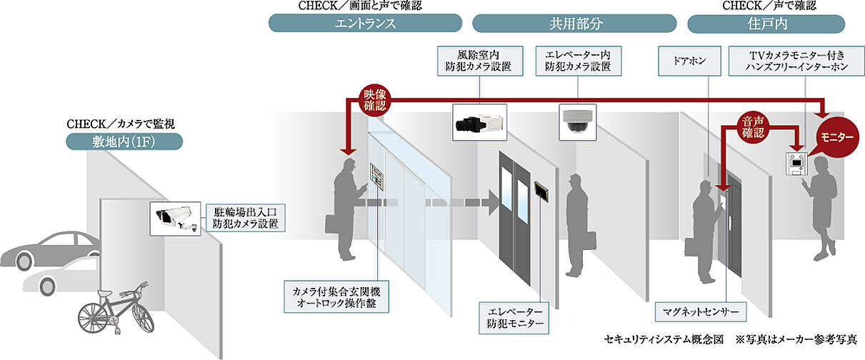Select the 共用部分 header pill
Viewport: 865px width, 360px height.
coord(574,24)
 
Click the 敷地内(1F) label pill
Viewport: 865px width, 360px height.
coord(124,140)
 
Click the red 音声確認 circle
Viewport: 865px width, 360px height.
coord(753,126)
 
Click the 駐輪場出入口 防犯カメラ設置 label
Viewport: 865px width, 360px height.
coord(245,217)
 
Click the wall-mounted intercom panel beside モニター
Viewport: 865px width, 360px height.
coord(796,165)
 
